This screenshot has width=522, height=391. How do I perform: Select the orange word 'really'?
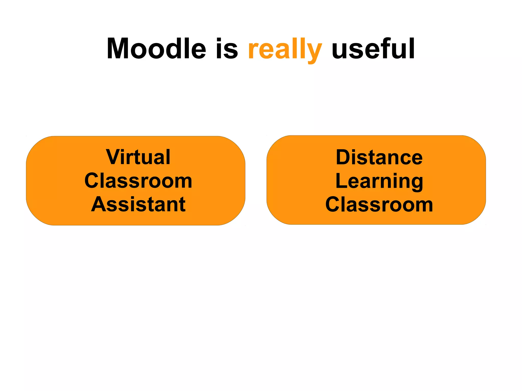(285, 50)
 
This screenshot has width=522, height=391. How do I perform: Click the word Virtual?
(138, 157)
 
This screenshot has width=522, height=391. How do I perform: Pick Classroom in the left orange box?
(138, 181)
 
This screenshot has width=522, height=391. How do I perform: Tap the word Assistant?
(138, 204)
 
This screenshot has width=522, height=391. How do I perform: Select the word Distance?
(379, 157)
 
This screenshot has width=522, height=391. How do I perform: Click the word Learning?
(379, 181)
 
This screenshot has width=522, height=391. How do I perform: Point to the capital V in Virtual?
(113, 157)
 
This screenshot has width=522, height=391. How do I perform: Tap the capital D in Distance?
(343, 157)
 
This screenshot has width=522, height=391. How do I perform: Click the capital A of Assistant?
(98, 204)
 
